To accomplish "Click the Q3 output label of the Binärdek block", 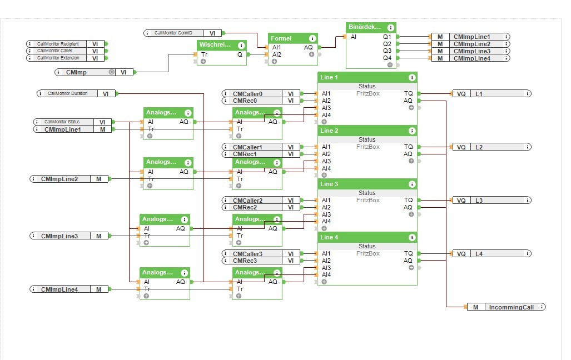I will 387,51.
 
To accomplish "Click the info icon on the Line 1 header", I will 412,78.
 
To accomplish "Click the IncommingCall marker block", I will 505,307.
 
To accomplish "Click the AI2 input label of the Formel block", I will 276,55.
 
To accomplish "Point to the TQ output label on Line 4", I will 408,254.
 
